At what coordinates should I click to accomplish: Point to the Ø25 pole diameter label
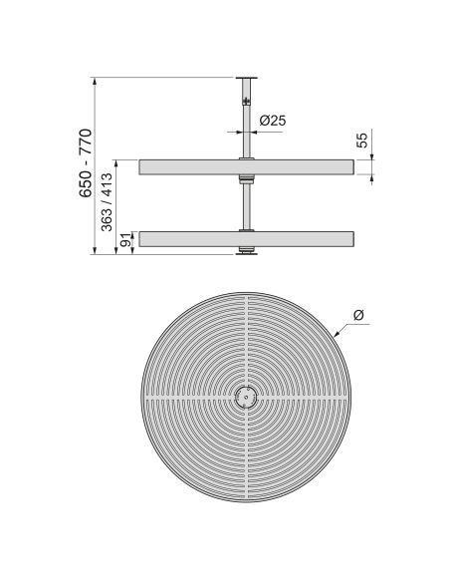(x=273, y=121)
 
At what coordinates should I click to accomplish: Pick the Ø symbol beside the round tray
(x=358, y=315)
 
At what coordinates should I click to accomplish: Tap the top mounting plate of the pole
(x=245, y=79)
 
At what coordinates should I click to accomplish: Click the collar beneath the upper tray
(x=245, y=180)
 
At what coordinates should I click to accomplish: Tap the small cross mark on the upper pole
(x=245, y=101)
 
